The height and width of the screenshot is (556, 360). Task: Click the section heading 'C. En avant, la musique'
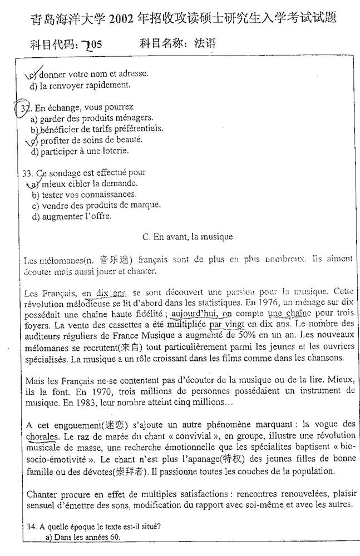[x=188, y=237]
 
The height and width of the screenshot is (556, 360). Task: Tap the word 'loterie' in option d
[x=114, y=151]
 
